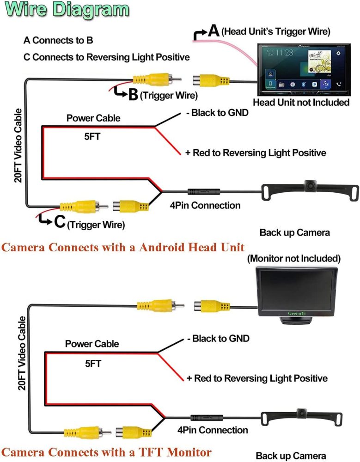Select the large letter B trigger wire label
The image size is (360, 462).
(132, 95)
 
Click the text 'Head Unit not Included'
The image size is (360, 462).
(301, 102)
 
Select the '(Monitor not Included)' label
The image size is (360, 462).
(294, 258)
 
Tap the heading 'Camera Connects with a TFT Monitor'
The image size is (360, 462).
(107, 451)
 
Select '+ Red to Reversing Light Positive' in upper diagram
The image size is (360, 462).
(256, 153)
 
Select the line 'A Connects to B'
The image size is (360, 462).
(58, 40)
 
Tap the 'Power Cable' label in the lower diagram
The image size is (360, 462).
(92, 344)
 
